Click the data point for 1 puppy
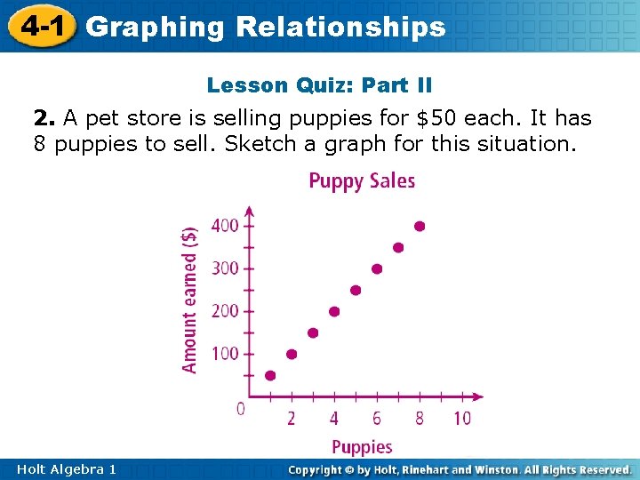[x=270, y=375]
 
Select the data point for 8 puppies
[x=420, y=227]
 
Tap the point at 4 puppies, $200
[x=334, y=311]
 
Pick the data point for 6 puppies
[x=377, y=268]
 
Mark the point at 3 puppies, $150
[x=313, y=332]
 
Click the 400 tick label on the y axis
[x=225, y=226]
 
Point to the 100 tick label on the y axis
[x=225, y=354]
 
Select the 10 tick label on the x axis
[x=462, y=418]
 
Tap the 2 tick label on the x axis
[x=292, y=418]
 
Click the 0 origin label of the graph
[x=240, y=409]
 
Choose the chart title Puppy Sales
[x=362, y=181]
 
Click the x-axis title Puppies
[x=362, y=446]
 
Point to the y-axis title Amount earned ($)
[x=190, y=298]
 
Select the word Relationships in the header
[x=340, y=27]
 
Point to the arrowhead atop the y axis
[x=249, y=212]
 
